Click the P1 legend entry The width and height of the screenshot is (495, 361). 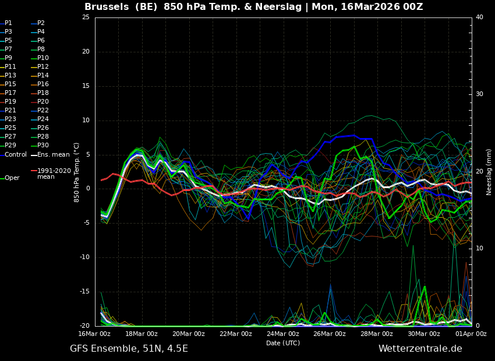[8, 23]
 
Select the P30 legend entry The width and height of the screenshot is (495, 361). [43, 146]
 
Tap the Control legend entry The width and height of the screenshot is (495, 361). [15, 155]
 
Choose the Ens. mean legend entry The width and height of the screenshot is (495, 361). [53, 155]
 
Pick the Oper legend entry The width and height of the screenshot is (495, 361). [12, 178]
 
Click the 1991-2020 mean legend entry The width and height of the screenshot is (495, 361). [54, 174]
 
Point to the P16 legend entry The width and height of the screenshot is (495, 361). [43, 84]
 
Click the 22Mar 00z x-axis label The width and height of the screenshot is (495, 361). [235, 334]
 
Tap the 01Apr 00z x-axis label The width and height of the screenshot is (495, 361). [471, 334]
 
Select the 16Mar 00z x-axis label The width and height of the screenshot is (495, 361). [95, 334]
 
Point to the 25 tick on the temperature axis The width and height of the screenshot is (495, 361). [86, 17]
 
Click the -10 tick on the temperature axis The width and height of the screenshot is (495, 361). [84, 257]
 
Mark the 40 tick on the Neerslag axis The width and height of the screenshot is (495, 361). [479, 17]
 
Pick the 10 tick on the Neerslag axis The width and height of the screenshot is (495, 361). [479, 249]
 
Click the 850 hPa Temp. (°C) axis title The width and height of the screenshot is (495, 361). [77, 172]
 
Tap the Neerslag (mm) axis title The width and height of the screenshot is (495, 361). [489, 172]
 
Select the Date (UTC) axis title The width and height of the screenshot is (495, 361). [283, 343]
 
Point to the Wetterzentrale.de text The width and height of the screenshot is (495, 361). [420, 349]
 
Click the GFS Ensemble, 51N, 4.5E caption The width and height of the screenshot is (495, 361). [129, 349]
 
